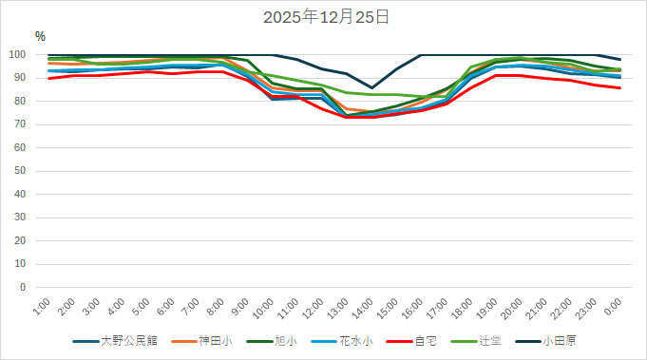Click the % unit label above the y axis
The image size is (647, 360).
[40, 36]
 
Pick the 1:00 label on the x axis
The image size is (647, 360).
[43, 306]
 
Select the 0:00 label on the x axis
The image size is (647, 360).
[613, 306]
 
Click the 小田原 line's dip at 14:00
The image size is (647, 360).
[372, 87]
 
